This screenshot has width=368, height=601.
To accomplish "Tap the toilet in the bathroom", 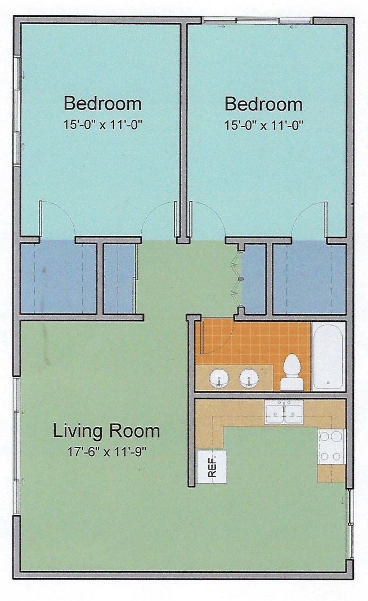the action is (291, 372).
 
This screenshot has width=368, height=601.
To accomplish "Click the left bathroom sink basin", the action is (219, 379).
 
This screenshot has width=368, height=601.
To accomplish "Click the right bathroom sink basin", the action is (249, 379).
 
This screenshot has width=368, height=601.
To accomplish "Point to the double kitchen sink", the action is (284, 412).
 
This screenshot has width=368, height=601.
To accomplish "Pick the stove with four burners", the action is (331, 446).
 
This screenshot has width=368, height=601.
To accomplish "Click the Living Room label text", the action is (106, 431).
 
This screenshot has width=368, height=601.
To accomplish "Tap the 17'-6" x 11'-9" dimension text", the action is (107, 452).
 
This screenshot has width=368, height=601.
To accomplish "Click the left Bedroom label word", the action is (102, 103).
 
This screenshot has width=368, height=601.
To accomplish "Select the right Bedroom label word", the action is (263, 104).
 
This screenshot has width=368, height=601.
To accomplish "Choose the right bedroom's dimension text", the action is (264, 125).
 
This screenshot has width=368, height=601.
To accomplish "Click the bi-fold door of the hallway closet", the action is (235, 279).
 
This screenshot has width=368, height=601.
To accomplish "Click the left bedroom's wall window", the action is (17, 111).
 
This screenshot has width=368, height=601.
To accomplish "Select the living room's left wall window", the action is (16, 446).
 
